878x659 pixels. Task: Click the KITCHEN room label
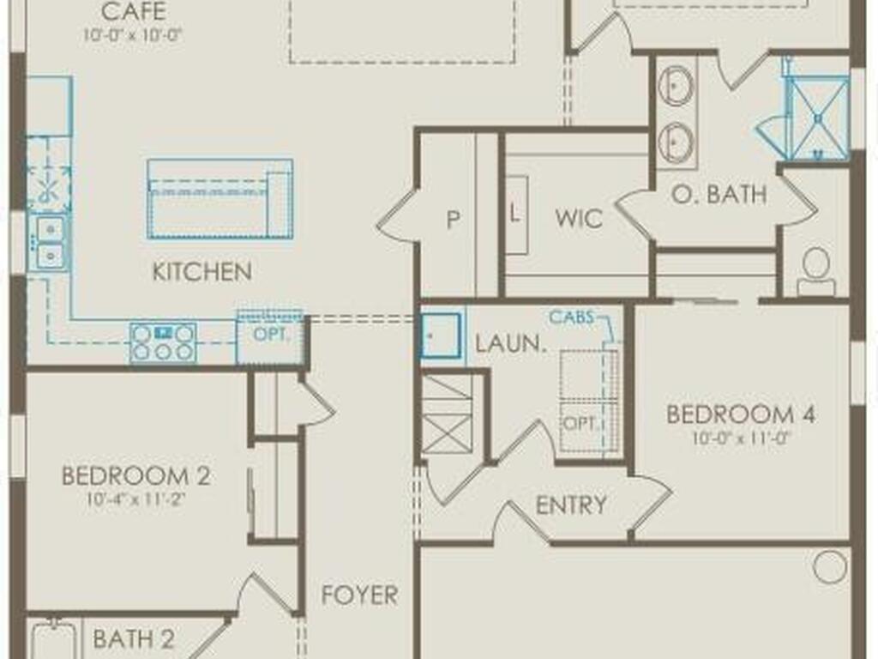(202, 272)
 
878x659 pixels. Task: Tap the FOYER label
(359, 595)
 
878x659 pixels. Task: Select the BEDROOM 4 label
(741, 414)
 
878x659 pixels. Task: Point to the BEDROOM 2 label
(136, 475)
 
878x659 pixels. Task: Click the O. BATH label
(719, 194)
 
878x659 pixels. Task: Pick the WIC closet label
(579, 218)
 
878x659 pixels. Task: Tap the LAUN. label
(510, 343)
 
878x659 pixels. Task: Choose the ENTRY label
(571, 505)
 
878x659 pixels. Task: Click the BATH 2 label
(133, 638)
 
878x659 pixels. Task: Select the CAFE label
(133, 11)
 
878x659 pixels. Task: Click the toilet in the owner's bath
(816, 271)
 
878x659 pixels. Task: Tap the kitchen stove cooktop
(163, 342)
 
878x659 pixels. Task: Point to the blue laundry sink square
(442, 336)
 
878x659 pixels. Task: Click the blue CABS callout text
(571, 317)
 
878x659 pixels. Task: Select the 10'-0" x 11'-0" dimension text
(740, 438)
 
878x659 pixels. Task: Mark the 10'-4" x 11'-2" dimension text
(135, 499)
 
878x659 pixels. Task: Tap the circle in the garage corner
(830, 567)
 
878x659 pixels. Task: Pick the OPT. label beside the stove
(271, 335)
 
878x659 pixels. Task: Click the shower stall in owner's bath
(817, 118)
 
